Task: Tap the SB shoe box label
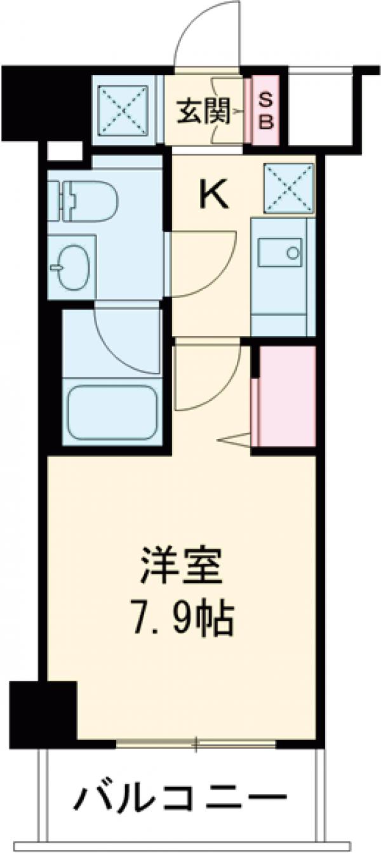[266, 110]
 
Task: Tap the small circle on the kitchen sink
[293, 252]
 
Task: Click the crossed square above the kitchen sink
[289, 188]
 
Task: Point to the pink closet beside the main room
[285, 396]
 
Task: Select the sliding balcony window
[197, 743]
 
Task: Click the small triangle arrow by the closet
[236, 440]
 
